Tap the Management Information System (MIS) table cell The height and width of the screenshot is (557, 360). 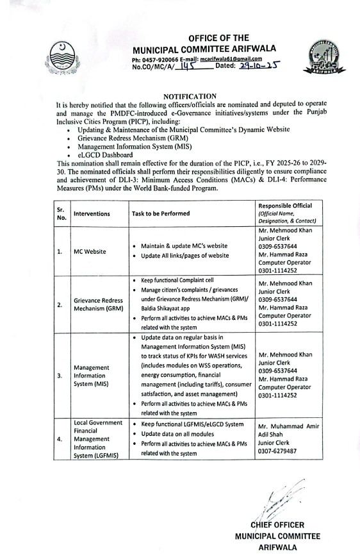(x=91, y=376)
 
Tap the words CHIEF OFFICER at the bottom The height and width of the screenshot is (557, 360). (x=277, y=525)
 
